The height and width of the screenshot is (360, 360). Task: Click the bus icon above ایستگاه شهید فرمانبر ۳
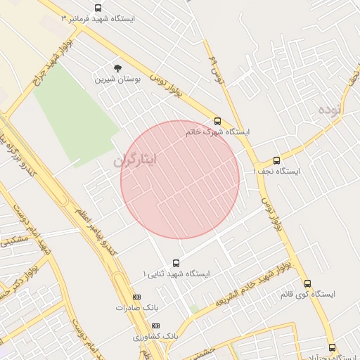click(x=98, y=8)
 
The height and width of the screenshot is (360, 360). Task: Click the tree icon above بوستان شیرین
click(x=117, y=68)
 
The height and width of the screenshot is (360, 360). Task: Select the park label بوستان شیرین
click(x=118, y=79)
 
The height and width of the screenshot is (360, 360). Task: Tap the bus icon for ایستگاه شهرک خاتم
click(x=217, y=121)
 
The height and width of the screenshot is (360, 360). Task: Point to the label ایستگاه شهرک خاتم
click(x=217, y=131)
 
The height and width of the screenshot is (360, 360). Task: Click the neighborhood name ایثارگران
click(x=135, y=161)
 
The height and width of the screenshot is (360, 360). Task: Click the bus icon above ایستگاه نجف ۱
click(x=276, y=160)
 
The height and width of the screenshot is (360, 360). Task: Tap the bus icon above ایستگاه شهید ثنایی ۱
click(x=176, y=262)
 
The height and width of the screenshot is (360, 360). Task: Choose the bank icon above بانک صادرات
click(x=136, y=297)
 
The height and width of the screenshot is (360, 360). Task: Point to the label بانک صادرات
click(x=134, y=308)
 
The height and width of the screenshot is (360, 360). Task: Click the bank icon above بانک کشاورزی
click(x=155, y=326)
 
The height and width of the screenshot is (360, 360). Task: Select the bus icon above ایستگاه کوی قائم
click(x=307, y=283)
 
